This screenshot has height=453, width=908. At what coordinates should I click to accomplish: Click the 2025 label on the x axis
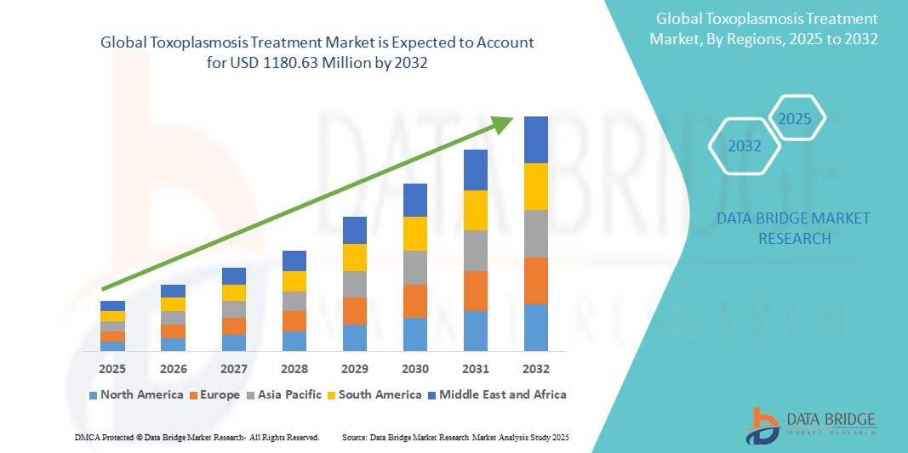tap(112, 369)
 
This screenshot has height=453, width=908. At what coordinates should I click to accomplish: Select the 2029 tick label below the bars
tap(355, 369)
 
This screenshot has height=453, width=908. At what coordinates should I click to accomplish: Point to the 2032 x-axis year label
tap(536, 369)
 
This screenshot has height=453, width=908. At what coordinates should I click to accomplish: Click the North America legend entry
tap(135, 394)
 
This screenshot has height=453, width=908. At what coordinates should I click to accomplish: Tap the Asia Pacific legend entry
tap(284, 394)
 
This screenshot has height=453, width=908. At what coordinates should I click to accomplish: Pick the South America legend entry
tap(374, 394)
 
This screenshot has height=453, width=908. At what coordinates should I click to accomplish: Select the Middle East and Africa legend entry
tap(497, 394)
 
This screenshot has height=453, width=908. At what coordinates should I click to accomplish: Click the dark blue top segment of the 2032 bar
tap(536, 139)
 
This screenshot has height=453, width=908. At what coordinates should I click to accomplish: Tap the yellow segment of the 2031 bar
tap(476, 210)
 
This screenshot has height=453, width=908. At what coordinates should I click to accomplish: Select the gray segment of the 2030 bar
tap(415, 267)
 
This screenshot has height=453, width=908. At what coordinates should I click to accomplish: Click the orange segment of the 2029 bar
tap(355, 310)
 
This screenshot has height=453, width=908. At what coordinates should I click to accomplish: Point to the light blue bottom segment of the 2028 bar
tap(294, 341)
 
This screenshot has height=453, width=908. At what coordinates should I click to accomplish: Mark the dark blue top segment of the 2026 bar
tap(173, 291)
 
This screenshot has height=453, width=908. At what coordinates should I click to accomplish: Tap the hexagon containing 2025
tap(796, 118)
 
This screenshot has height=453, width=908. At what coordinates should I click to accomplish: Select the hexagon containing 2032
tap(745, 146)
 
